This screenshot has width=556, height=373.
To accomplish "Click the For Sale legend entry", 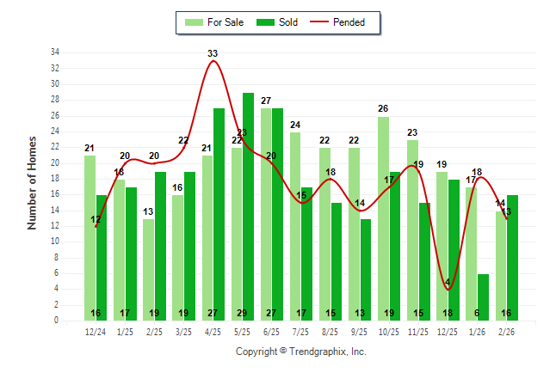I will pos(215,22).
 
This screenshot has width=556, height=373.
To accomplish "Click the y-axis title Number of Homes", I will pos(33,181).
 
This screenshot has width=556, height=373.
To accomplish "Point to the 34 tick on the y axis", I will pos(55,52).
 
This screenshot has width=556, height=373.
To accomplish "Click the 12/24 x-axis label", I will pos(96,332).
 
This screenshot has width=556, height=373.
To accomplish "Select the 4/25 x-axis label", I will pos(213,332).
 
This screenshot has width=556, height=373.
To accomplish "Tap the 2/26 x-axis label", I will pos(506,332).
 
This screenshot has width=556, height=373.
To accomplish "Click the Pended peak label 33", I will pos(213,53).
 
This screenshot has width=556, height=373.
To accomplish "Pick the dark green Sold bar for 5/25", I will pos(248,206).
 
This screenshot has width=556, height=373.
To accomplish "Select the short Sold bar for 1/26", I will pos(483,297).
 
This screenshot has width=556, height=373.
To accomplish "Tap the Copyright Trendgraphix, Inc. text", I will pos(301,352).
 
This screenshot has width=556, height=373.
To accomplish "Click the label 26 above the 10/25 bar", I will pos(383,108).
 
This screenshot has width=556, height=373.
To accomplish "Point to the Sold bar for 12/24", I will pos(102,257).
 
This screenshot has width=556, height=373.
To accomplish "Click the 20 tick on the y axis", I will pos(55,162).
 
